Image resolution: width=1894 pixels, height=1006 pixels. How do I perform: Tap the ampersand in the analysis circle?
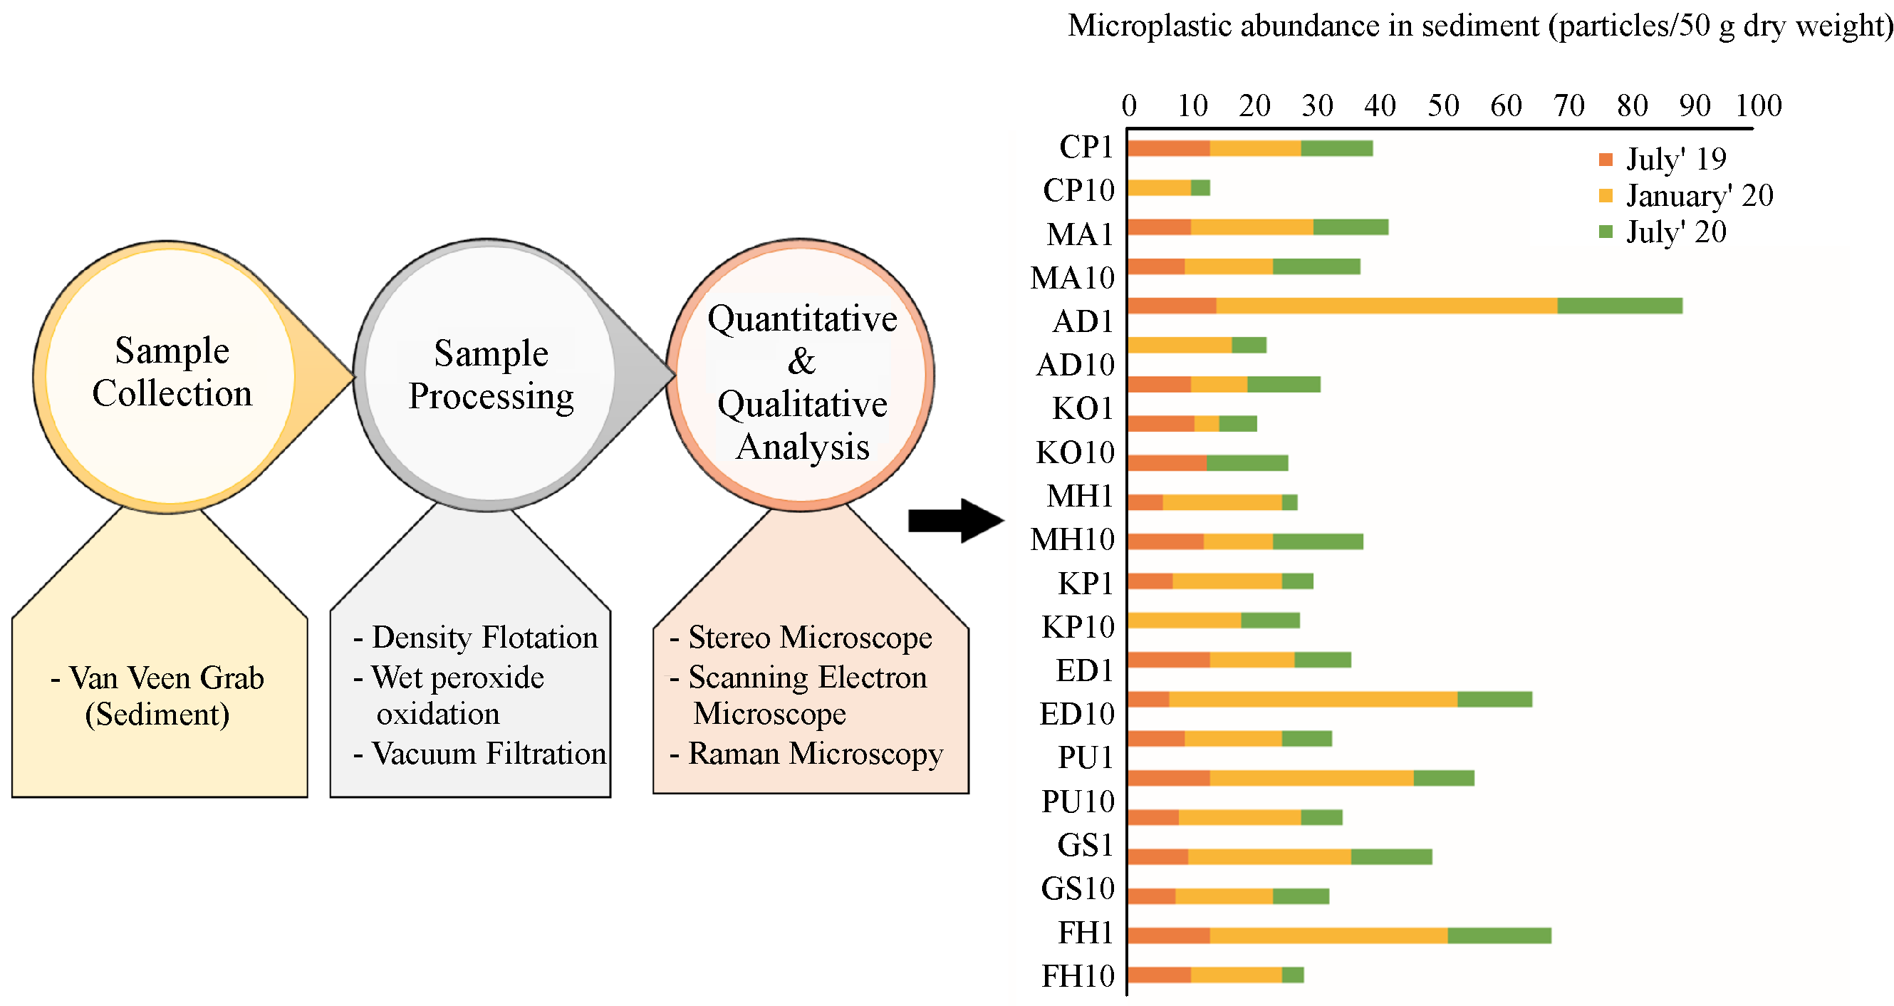pos(801,361)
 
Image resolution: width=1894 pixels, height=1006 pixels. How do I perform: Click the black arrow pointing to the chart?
pos(955,521)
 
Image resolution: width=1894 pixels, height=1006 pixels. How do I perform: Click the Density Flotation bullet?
pos(477,638)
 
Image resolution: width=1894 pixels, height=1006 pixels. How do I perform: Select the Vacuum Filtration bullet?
pos(480,754)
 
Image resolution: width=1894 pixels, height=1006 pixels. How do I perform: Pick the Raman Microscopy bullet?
pos(806,754)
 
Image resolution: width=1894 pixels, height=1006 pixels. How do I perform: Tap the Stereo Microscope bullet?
pos(801,638)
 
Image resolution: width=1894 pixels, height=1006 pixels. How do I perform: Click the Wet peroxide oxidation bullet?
pos(450,695)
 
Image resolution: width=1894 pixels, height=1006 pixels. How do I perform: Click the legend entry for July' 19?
pos(1663,159)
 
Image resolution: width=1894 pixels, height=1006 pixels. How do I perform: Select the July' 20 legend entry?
pos(1663,232)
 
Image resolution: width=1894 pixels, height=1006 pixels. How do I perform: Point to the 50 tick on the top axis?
pos(1443,106)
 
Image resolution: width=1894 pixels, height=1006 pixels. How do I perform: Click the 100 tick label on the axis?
pos(1759,106)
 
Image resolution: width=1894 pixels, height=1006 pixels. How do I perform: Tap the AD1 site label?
pos(1083,321)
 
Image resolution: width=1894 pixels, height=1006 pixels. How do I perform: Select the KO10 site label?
pos(1075,453)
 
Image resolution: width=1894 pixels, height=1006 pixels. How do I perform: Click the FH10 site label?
pos(1078,977)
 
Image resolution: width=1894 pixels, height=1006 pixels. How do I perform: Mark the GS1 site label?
pos(1086,846)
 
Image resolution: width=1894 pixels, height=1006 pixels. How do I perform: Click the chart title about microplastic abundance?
pos(1479,26)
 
